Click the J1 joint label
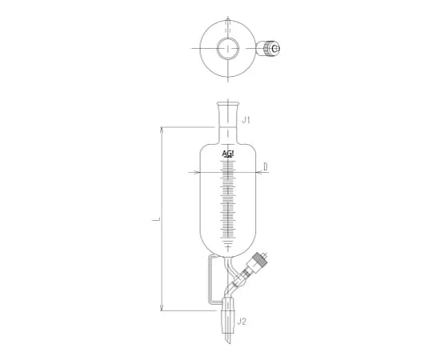tap(247, 121)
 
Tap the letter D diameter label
tap(265, 166)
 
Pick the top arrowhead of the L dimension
tap(162, 127)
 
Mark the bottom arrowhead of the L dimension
tap(162, 308)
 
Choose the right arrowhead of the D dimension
tap(261, 172)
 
